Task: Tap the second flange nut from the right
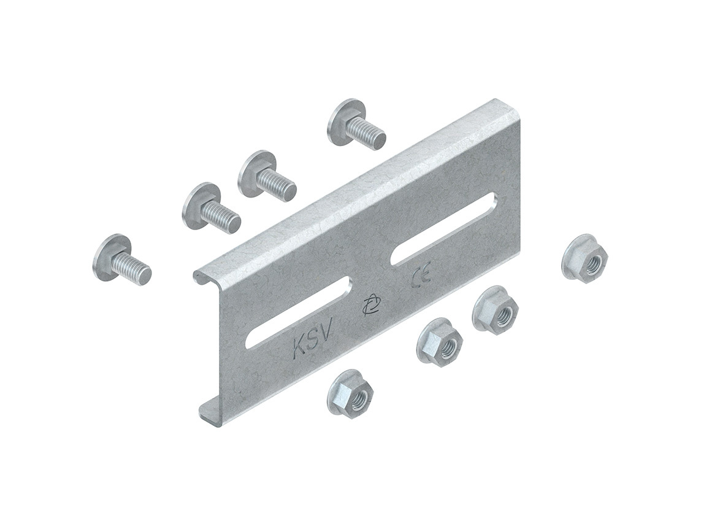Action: click(x=496, y=311)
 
